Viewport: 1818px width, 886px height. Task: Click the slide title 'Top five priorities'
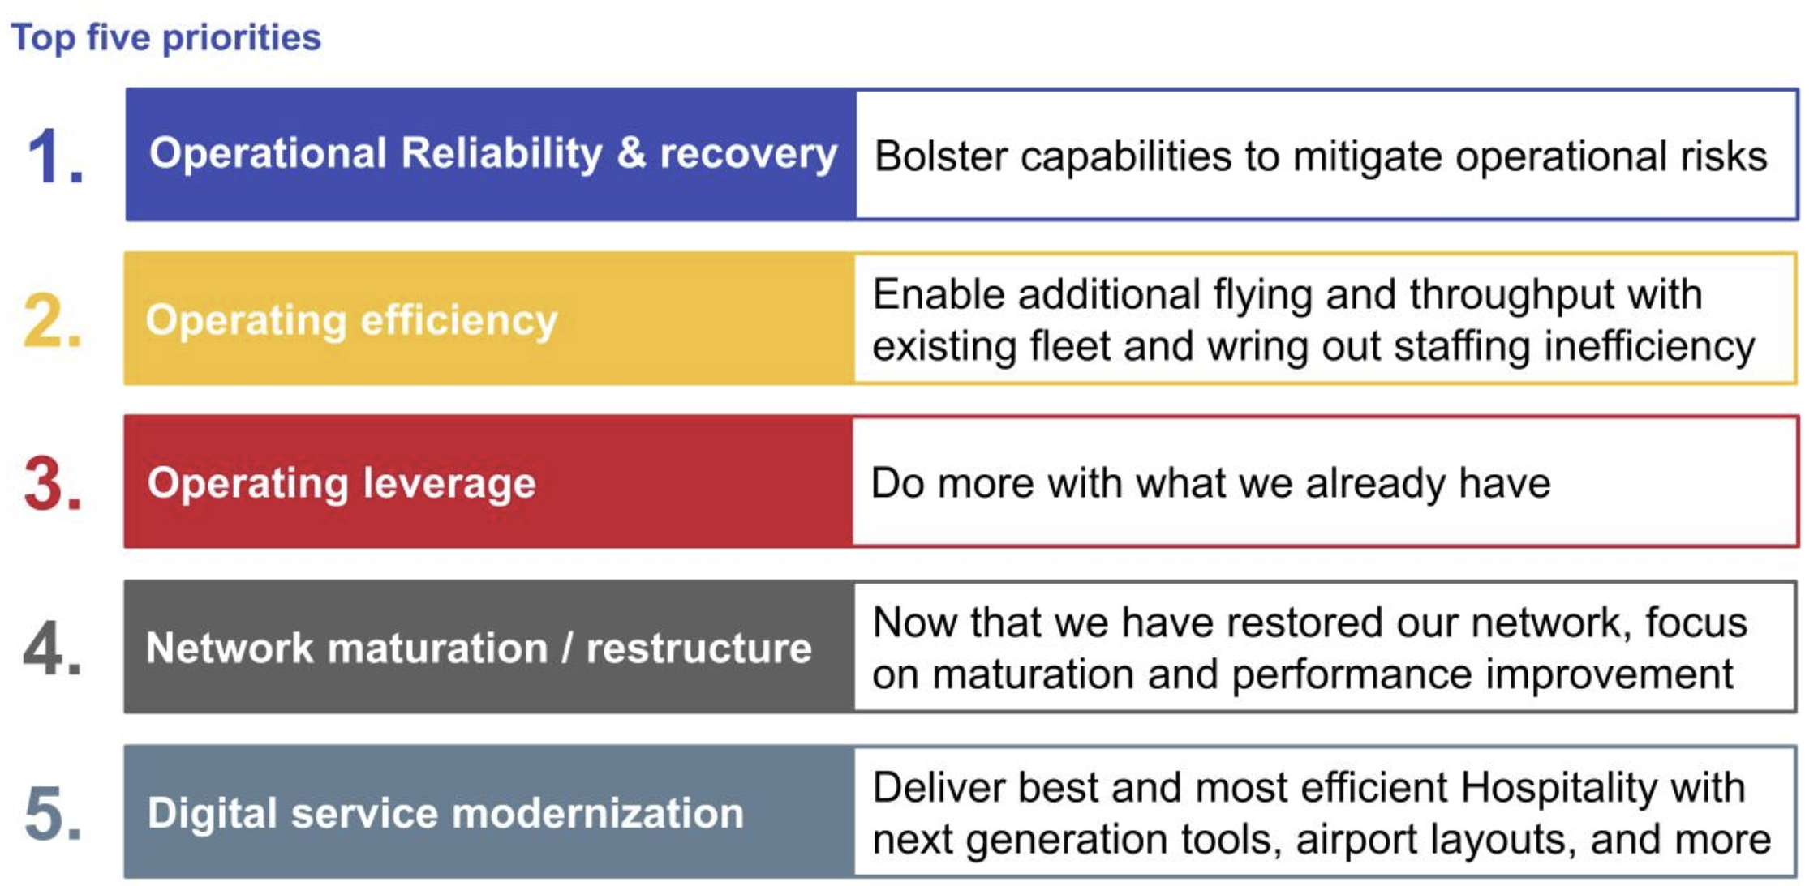click(x=166, y=38)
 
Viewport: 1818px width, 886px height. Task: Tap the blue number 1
click(x=55, y=156)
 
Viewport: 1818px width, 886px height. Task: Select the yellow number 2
click(x=53, y=320)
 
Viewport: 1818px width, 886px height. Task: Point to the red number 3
click(x=53, y=484)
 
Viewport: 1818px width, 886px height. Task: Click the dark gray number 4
click(x=53, y=648)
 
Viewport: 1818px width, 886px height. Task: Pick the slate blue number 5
click(x=53, y=813)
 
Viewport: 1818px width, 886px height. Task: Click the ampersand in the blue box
click(x=631, y=153)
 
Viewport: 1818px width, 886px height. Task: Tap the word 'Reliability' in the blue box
click(x=501, y=154)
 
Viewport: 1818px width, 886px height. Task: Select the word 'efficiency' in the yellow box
click(x=459, y=320)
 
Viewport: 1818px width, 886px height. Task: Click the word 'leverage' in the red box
click(x=449, y=484)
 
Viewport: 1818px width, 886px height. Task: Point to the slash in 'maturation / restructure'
click(x=567, y=648)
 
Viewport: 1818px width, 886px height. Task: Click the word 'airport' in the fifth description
click(x=1355, y=841)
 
